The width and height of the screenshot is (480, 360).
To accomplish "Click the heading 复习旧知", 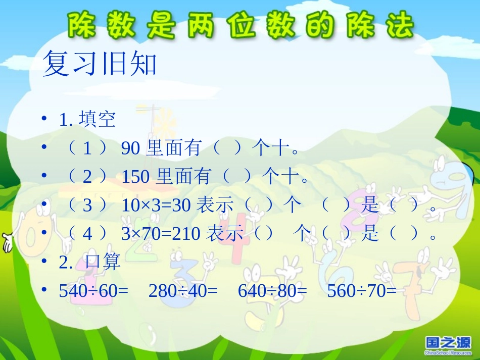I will (x=100, y=64).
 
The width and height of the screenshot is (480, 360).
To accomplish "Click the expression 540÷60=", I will (x=93, y=291).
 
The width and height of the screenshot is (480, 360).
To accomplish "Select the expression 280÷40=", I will (x=183, y=291).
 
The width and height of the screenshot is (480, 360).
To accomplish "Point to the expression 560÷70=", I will (x=362, y=291).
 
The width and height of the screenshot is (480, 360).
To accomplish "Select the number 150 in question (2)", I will (x=135, y=176).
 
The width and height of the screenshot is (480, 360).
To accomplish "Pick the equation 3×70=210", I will (x=161, y=234).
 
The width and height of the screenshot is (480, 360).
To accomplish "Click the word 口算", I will (x=104, y=262).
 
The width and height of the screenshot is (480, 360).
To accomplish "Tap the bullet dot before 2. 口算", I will (x=45, y=262).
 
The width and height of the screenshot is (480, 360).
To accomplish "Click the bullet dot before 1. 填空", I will (x=45, y=120).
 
